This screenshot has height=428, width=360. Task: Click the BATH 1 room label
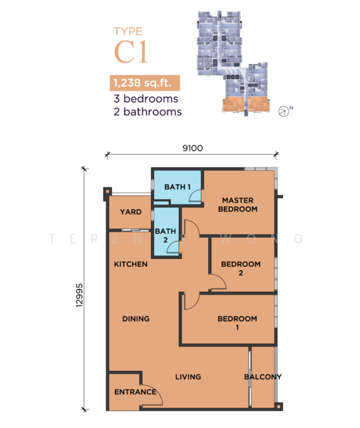[x=178, y=187]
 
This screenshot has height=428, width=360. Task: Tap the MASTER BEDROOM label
[x=238, y=205]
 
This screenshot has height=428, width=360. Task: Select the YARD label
[x=130, y=212]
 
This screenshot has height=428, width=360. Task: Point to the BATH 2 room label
[x=165, y=235]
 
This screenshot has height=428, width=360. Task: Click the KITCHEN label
[x=130, y=264]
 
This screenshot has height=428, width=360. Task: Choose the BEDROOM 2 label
[x=241, y=268]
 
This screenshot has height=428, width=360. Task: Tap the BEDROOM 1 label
[x=237, y=323]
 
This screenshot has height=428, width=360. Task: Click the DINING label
[x=136, y=319]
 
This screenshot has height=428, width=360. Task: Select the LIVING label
[x=188, y=377]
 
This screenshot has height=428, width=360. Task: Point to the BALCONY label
[x=263, y=377]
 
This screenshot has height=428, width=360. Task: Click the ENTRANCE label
[x=135, y=392]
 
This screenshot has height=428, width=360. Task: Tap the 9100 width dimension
[x=192, y=148]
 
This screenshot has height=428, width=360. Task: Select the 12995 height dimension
[x=79, y=295]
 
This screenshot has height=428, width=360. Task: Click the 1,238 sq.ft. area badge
[x=145, y=83]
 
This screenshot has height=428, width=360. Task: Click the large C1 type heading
[x=131, y=51]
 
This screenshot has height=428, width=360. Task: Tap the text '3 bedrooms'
[x=146, y=99]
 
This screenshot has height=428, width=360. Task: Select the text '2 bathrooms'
[x=148, y=112]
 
